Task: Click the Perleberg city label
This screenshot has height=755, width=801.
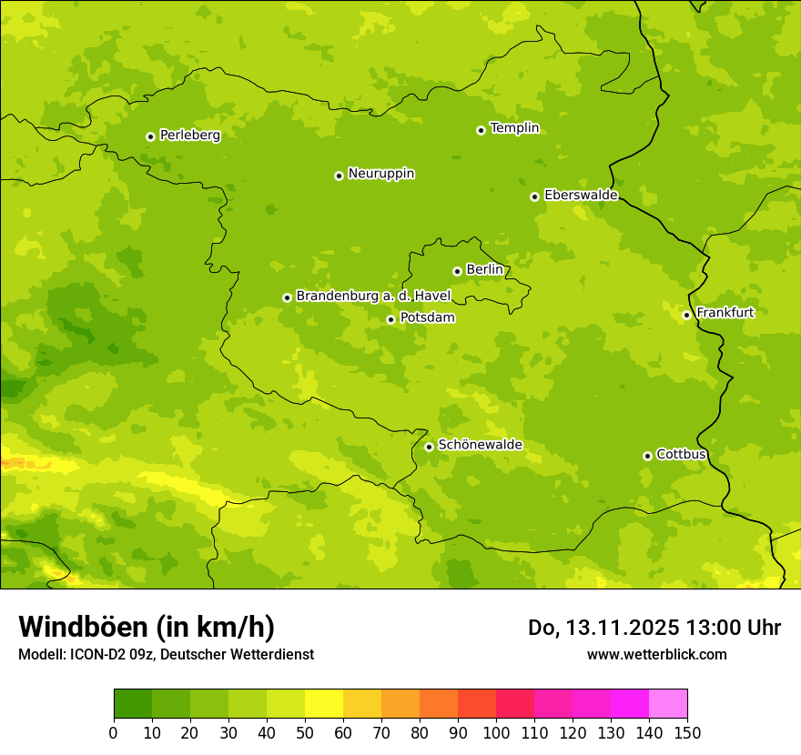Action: coord(189,135)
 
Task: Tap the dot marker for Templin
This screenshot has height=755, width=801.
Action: coord(481,130)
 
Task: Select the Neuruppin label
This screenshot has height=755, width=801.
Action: coord(380,173)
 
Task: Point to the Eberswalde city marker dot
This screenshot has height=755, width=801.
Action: coord(534,196)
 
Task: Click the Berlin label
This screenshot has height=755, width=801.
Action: coord(484,269)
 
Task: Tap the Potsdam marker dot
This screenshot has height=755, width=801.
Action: coord(390,319)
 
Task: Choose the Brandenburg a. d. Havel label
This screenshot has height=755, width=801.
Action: coord(373,296)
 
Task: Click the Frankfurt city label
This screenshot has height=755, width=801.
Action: coord(725,313)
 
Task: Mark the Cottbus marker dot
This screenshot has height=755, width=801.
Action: coord(647,456)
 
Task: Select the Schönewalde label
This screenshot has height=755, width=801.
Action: coord(480,445)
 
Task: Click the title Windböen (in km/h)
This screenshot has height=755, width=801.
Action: coord(146,627)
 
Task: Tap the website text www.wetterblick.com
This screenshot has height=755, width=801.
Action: coord(656,654)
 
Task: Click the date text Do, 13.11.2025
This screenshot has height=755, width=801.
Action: coord(602,628)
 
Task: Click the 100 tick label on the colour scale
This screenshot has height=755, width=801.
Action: coord(496,732)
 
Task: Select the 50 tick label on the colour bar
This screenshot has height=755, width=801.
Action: coord(305,732)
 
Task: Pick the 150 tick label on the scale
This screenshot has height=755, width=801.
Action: coord(687,732)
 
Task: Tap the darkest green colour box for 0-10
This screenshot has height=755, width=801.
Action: coord(133,704)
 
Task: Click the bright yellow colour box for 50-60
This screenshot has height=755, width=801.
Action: coord(324,704)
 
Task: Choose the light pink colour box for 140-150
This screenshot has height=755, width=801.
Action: coord(668,704)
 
